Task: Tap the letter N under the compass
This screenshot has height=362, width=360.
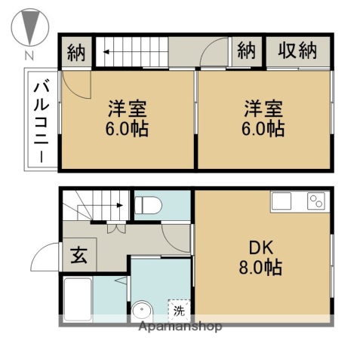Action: point(29,55)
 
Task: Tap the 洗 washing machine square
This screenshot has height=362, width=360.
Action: point(179,309)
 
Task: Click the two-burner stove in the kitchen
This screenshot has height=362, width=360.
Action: point(315,201)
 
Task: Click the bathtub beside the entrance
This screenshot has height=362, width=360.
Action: point(78,299)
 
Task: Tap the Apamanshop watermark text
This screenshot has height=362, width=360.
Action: point(180,327)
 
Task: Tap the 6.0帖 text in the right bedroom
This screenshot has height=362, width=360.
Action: point(263,128)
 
